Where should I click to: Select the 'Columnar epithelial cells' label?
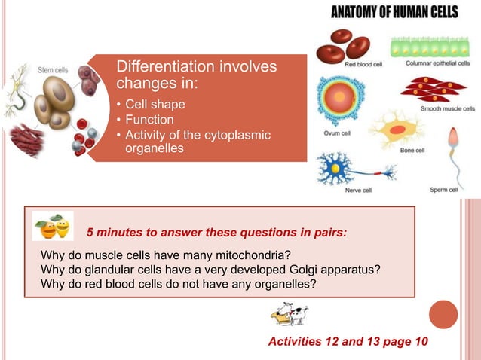[x=437, y=63]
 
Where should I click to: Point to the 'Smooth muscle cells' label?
[x=447, y=108]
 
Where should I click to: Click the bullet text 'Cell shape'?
[x=155, y=104]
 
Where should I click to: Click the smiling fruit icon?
[x=53, y=226]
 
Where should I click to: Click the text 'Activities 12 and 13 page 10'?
[x=348, y=342]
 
